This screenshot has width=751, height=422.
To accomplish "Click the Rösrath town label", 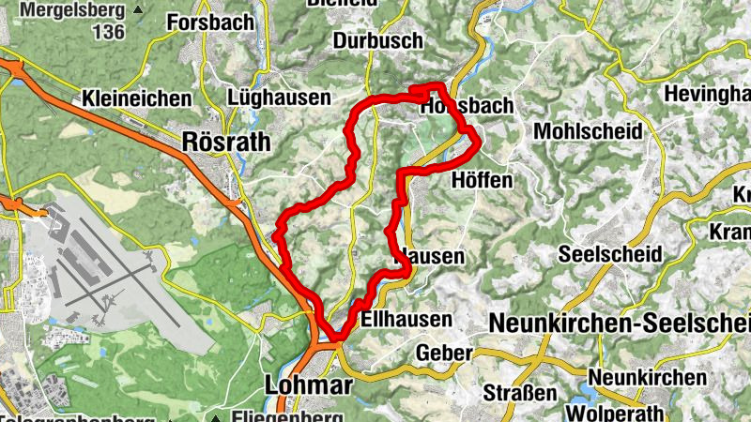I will pos(227,142).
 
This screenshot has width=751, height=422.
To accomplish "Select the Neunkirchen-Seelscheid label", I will pos(620,322).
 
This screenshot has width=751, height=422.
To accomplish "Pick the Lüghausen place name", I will pos(280,98).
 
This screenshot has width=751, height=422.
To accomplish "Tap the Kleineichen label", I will pos(137,98).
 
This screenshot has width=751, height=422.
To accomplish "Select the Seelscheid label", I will pos(609,254).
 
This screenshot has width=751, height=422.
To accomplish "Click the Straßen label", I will pos(518,392).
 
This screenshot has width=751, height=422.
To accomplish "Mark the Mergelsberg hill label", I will pos(72,11).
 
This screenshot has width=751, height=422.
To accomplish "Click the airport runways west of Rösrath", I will pos(103,281).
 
